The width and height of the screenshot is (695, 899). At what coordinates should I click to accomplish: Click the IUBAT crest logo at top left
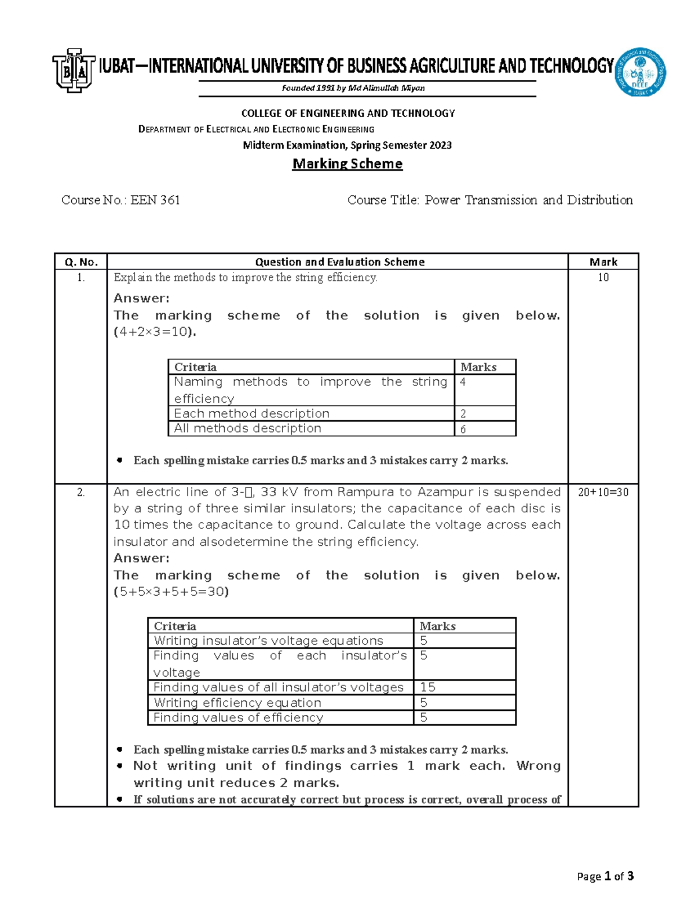click(74, 70)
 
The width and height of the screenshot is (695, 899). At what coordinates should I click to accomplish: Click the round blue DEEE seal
click(640, 72)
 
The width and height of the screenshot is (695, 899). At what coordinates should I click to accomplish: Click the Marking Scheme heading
click(347, 164)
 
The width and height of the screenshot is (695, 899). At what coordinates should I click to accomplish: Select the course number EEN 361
click(155, 200)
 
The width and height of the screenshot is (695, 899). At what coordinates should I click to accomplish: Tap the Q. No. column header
click(81, 262)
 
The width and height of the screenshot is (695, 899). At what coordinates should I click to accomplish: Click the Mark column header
click(603, 262)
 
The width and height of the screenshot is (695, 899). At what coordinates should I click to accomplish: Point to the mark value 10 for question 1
click(603, 277)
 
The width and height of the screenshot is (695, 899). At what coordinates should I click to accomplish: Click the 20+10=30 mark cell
click(603, 492)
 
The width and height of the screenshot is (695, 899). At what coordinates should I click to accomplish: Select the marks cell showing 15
click(428, 687)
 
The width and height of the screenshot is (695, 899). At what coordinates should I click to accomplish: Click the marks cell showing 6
click(463, 429)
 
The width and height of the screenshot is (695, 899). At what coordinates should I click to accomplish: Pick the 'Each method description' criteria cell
click(251, 413)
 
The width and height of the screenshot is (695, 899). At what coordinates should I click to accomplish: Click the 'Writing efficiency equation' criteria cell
click(237, 703)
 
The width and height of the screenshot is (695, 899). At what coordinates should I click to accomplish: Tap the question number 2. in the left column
click(81, 492)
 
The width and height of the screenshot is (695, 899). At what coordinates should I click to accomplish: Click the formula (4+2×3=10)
click(155, 332)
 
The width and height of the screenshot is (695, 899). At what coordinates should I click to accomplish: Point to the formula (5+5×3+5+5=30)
click(171, 592)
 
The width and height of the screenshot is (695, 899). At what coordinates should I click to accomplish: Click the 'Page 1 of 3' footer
click(605, 876)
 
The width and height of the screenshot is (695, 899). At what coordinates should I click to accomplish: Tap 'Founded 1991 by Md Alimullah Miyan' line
click(353, 88)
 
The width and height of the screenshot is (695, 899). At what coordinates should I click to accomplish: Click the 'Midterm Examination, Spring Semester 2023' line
click(347, 145)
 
